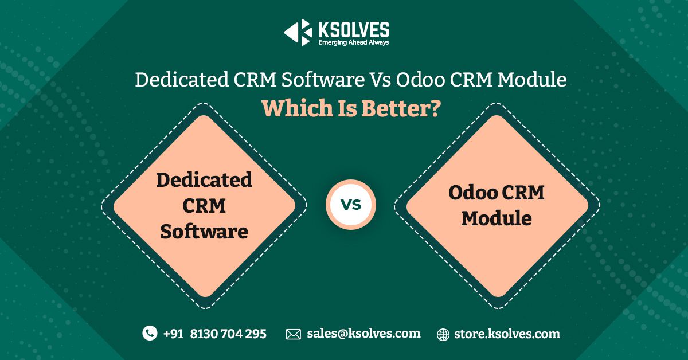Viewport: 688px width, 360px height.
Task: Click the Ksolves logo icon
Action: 298,32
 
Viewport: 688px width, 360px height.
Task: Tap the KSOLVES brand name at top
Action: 354,29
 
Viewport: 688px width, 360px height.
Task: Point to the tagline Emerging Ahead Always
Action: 354,42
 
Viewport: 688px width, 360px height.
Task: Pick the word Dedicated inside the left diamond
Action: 204,179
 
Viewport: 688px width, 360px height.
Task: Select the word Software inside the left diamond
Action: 204,232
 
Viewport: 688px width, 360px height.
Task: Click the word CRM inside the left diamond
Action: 204,205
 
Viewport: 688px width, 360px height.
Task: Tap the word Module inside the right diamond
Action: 497,218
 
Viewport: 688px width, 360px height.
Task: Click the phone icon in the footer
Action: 150,333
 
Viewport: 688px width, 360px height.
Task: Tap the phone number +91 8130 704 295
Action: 215,334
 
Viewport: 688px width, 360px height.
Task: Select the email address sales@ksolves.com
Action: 363,333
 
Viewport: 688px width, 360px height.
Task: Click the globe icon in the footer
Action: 443,334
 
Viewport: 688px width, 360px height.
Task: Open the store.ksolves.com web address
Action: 507,334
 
